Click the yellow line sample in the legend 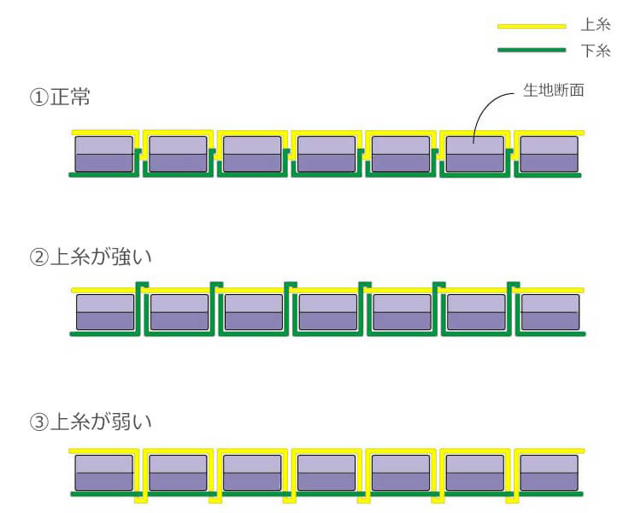tap(532, 27)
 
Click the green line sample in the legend tap(532, 50)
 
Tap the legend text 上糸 tap(596, 27)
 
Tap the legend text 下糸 tap(596, 51)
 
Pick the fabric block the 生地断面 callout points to tap(475, 154)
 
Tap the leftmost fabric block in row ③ tap(104, 473)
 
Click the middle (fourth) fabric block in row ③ tap(326, 473)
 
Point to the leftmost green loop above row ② tap(143, 285)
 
